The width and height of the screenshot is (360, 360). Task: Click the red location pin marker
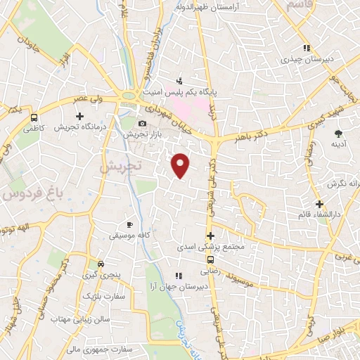click(181, 165)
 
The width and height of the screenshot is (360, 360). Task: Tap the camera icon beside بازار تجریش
click(142, 124)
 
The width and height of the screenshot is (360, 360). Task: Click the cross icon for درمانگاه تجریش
click(79, 116)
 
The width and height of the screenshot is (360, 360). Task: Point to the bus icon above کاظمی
click(34, 117)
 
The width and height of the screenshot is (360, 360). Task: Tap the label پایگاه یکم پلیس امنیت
click(179, 91)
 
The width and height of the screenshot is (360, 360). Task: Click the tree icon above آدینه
click(338, 134)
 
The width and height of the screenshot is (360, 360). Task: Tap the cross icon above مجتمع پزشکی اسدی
click(210, 236)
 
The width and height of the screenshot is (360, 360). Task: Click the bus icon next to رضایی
click(212, 259)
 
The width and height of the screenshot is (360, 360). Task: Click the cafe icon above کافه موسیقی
click(129, 224)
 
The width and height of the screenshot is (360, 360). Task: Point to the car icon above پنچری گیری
click(101, 264)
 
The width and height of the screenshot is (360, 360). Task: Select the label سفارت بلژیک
click(103, 296)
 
